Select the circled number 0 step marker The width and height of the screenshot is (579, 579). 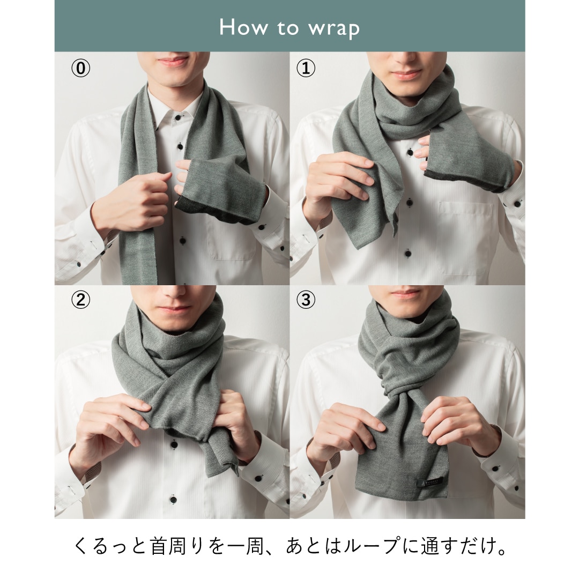click(x=80, y=68)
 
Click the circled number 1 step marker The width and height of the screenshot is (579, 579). click(x=306, y=68)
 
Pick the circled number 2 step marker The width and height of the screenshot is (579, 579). click(x=80, y=300)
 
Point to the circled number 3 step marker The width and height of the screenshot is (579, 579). click(x=306, y=300)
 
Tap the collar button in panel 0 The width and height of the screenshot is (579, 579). click(x=179, y=118)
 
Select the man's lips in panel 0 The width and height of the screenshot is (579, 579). click(x=173, y=61)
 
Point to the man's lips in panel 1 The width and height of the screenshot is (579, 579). click(x=406, y=75)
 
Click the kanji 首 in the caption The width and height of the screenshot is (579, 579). click(x=159, y=547)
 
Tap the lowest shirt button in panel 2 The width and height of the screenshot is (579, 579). click(x=173, y=500)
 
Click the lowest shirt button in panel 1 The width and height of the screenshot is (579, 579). click(x=407, y=254)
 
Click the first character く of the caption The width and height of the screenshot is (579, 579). click(x=80, y=547)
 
